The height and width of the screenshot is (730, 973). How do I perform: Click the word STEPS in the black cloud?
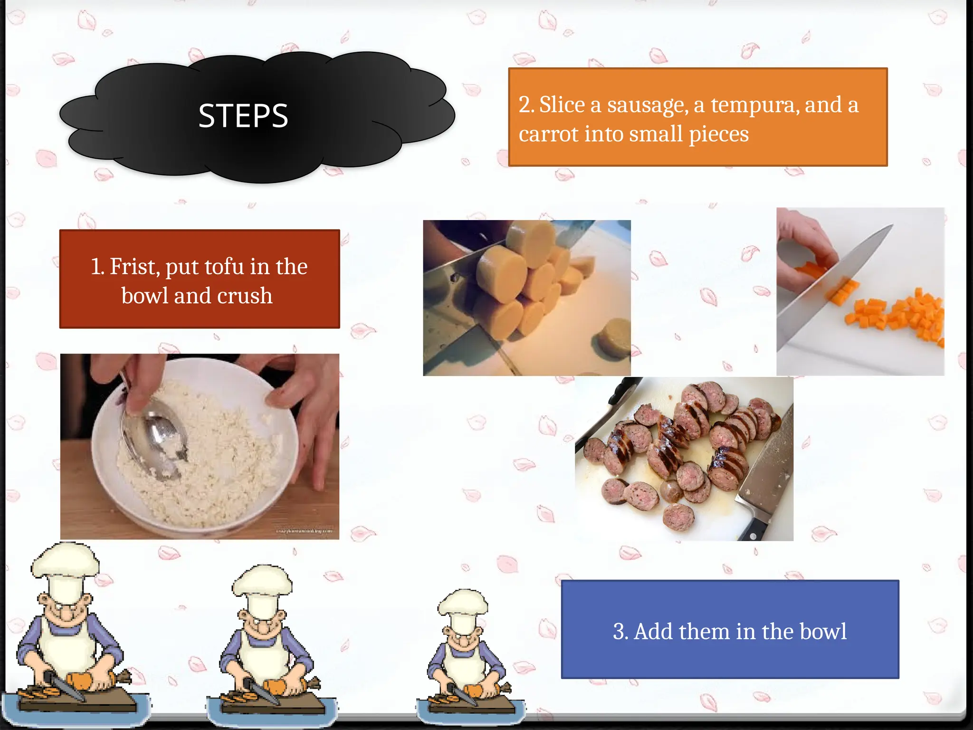point(243,115)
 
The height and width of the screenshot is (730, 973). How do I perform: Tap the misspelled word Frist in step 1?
point(132,267)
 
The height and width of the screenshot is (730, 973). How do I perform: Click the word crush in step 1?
point(245,296)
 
